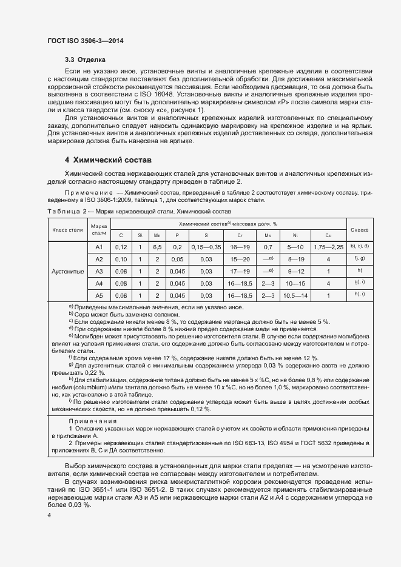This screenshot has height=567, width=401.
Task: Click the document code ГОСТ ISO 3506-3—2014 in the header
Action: pyautogui.click(x=89, y=41)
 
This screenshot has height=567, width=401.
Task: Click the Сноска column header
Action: pyautogui.click(x=359, y=230)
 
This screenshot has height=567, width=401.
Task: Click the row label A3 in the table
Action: pyautogui.click(x=99, y=270)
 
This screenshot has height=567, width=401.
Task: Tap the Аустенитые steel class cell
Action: pyautogui.click(x=68, y=271)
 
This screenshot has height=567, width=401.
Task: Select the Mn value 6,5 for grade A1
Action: pyautogui.click(x=157, y=247)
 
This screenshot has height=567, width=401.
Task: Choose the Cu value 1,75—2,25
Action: pyautogui.click(x=328, y=247)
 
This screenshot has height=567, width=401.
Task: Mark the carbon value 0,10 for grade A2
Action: pyautogui.click(x=121, y=259)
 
